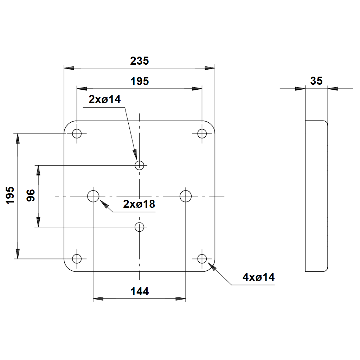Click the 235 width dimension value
140,61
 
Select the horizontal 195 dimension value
140,82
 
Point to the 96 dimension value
31,195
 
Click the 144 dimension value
140,291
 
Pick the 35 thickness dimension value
316,81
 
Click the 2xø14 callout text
105,99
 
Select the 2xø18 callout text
139,204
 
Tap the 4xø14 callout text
259,277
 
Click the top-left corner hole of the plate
77,134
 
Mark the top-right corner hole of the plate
202,134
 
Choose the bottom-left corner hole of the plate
77,259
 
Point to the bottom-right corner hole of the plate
202,259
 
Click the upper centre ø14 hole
140,165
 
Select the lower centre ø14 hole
140,227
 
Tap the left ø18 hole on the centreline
93,196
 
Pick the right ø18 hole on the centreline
186,196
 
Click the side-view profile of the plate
316,196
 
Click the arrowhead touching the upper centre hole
135,154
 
